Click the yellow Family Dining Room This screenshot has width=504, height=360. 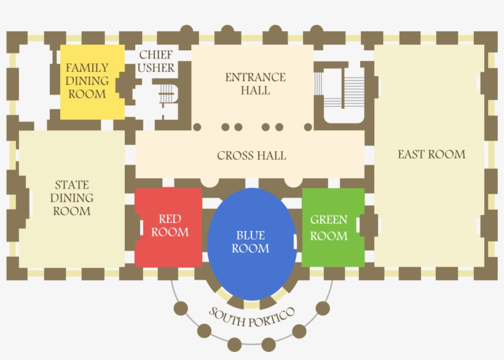(x=92, y=81)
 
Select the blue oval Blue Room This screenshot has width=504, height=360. (x=251, y=243)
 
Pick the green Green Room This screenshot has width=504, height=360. (x=333, y=227)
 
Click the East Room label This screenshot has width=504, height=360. (x=431, y=154)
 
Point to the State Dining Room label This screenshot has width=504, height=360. (x=71, y=198)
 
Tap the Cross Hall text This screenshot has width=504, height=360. (x=251, y=155)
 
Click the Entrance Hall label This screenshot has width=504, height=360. (x=255, y=84)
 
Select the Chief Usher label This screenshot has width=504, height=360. (x=156, y=61)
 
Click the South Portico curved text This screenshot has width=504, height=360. (x=252, y=317)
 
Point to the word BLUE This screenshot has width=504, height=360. (x=251, y=235)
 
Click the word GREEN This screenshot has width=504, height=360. (x=329, y=219)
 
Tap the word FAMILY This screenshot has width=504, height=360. (x=87, y=68)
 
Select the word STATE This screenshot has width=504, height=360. (x=72, y=184)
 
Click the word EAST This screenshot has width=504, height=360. (x=411, y=154)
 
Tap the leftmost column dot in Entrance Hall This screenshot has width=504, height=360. (x=197, y=127)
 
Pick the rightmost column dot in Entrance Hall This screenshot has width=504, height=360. (x=308, y=127)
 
